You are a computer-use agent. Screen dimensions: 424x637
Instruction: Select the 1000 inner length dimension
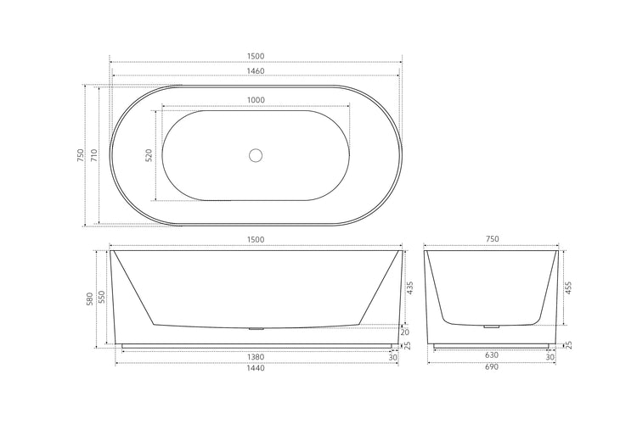256,100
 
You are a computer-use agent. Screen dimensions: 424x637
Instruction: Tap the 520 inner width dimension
149,156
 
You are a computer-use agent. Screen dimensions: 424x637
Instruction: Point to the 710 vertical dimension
94,155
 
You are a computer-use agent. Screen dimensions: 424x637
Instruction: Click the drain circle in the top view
256,155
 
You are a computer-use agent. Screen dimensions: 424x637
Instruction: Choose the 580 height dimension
91,298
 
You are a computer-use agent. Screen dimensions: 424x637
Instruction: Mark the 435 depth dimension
409,287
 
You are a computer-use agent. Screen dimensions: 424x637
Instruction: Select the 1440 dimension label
256,369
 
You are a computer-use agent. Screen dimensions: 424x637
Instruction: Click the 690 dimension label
491,369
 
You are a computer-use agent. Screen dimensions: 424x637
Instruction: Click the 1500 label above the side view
256,240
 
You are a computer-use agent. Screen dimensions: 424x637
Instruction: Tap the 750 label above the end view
491,240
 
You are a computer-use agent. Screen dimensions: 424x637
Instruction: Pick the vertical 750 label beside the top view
80,155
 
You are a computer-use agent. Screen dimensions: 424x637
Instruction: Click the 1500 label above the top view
256,56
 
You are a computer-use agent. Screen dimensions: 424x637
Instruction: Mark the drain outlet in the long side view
256,327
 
